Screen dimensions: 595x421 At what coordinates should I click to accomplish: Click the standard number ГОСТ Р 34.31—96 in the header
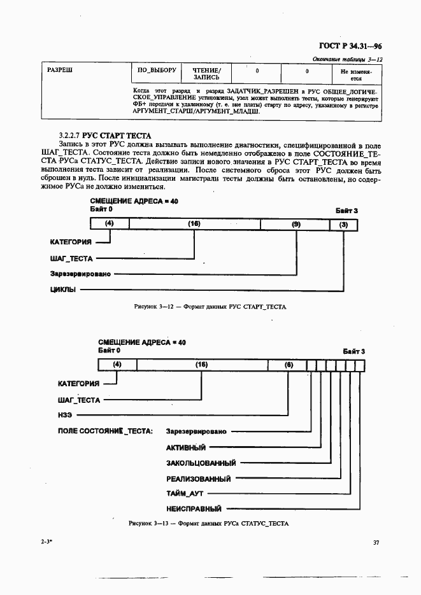point(349,46)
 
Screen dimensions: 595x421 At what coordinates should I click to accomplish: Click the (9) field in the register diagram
point(296,224)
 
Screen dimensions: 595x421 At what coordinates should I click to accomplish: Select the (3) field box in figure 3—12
point(344,224)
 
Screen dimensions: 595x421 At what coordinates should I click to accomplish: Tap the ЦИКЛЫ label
point(62,290)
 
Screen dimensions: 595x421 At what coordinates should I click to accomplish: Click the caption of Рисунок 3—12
point(210,307)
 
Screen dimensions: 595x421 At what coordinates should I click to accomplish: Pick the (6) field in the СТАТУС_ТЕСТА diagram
point(289,365)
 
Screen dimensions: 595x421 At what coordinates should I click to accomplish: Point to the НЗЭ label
point(66,415)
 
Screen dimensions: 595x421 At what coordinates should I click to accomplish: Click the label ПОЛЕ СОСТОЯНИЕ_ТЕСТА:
point(105,431)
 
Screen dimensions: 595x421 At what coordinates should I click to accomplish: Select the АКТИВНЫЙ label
point(186,447)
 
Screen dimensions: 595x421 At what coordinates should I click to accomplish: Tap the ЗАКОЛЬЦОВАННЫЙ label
point(201,463)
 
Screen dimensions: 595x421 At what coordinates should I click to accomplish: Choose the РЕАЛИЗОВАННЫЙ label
point(198,479)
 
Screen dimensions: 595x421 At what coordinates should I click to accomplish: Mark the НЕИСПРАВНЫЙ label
point(194,509)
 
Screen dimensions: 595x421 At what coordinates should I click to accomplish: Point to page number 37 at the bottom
point(376,543)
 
